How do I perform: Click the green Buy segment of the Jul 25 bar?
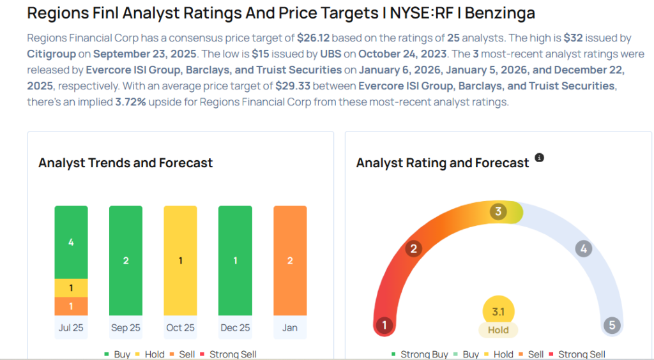tap(71, 242)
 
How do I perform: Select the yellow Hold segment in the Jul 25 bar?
tap(71, 288)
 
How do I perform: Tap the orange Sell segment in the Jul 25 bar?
tap(71, 306)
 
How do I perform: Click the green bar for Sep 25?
tap(126, 260)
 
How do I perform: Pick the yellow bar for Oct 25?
tap(180, 260)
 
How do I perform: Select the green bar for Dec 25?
tap(235, 260)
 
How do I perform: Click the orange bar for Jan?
tap(290, 260)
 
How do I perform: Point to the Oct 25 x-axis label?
tap(180, 327)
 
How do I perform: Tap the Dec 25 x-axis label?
tap(235, 327)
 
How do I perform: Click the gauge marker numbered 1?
tap(384, 326)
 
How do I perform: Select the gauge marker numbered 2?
tap(413, 248)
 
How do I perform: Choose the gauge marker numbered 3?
tap(498, 211)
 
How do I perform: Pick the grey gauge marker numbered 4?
tap(583, 248)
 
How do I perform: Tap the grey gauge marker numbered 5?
tap(612, 326)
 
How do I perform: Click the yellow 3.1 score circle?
tap(498, 311)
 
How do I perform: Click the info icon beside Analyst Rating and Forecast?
tap(539, 158)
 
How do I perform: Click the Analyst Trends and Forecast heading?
tap(125, 163)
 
